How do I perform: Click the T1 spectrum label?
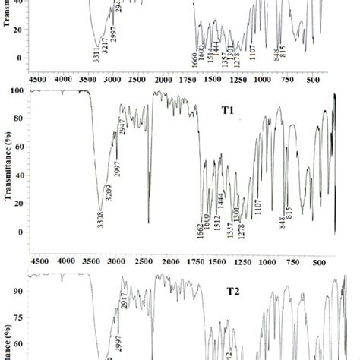228,110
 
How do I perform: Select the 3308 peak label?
99,223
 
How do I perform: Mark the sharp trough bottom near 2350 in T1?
148,222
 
